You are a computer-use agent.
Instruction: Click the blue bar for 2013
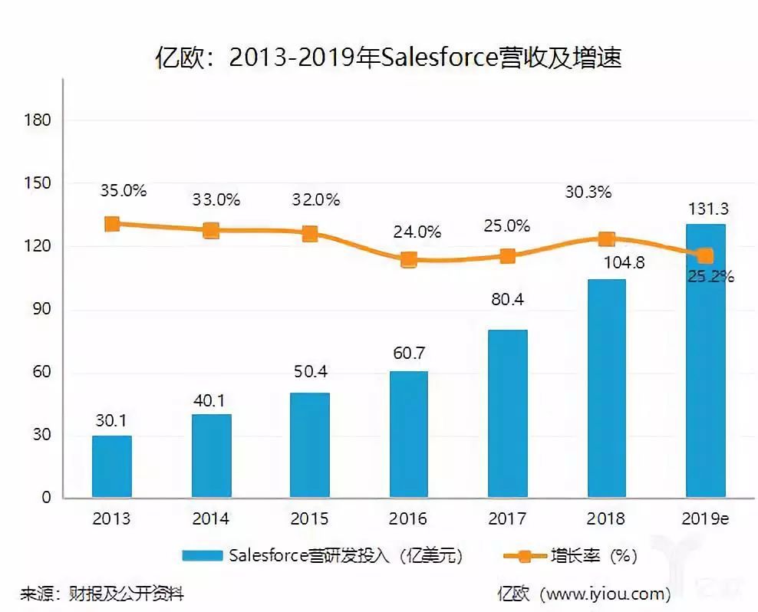click(x=112, y=466)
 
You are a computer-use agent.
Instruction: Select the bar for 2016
click(x=408, y=434)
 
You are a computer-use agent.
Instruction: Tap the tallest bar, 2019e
click(x=704, y=360)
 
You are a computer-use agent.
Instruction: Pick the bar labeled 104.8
click(x=606, y=388)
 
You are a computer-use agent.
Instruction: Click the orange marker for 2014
click(x=211, y=230)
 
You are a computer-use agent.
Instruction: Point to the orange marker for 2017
click(x=507, y=256)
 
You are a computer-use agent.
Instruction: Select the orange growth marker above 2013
click(x=112, y=224)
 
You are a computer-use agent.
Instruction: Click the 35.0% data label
click(x=123, y=191)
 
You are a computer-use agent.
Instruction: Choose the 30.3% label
click(x=588, y=192)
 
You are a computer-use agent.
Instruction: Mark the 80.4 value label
click(x=507, y=300)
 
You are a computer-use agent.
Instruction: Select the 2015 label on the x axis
click(x=310, y=519)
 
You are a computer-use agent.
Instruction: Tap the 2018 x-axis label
click(x=606, y=519)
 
